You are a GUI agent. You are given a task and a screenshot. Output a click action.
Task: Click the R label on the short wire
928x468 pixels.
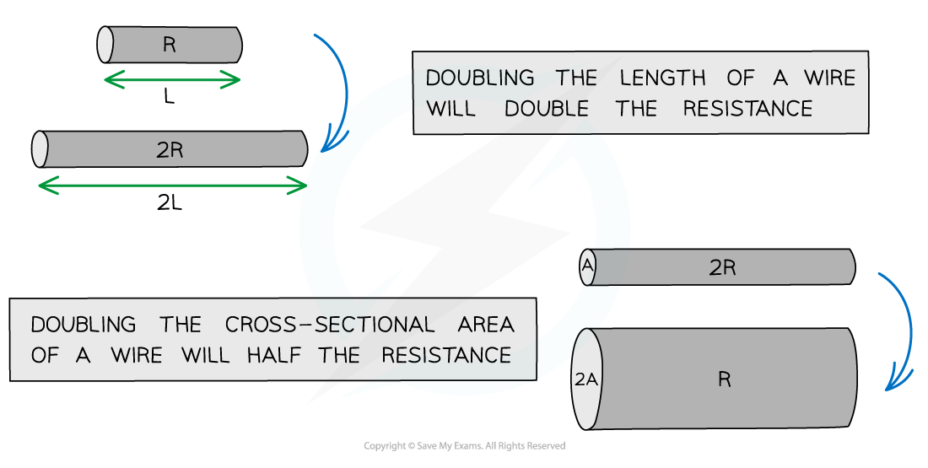click(x=170, y=46)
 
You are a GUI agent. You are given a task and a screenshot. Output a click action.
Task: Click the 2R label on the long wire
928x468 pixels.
click(x=170, y=150)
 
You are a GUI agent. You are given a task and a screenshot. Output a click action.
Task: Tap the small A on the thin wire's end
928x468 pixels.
click(x=588, y=267)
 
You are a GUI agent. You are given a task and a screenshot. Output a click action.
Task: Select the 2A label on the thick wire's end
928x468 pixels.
click(x=586, y=379)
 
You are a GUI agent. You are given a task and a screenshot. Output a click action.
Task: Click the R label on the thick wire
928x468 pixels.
click(x=724, y=379)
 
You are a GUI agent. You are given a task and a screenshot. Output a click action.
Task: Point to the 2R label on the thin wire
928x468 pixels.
click(x=723, y=268)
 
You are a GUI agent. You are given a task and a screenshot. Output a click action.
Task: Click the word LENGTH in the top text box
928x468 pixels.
click(x=662, y=78)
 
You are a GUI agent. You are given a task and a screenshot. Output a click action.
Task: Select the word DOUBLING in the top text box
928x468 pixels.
click(x=480, y=78)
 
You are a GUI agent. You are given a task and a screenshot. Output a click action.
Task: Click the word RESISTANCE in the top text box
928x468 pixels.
click(x=747, y=109)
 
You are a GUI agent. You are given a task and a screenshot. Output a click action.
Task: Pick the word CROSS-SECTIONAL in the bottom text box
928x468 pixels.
click(x=330, y=325)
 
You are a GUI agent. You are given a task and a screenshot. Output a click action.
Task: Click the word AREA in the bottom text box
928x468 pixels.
click(x=483, y=325)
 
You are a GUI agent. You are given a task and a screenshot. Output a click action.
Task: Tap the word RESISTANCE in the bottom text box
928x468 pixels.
click(x=447, y=355)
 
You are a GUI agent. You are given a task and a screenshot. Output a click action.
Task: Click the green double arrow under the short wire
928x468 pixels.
click(x=171, y=80)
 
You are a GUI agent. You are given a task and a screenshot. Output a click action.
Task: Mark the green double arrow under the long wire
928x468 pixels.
click(x=173, y=186)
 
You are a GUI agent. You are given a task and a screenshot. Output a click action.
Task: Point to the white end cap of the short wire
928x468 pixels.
click(x=105, y=45)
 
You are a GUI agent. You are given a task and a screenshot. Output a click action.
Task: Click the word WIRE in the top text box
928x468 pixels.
click(x=828, y=78)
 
